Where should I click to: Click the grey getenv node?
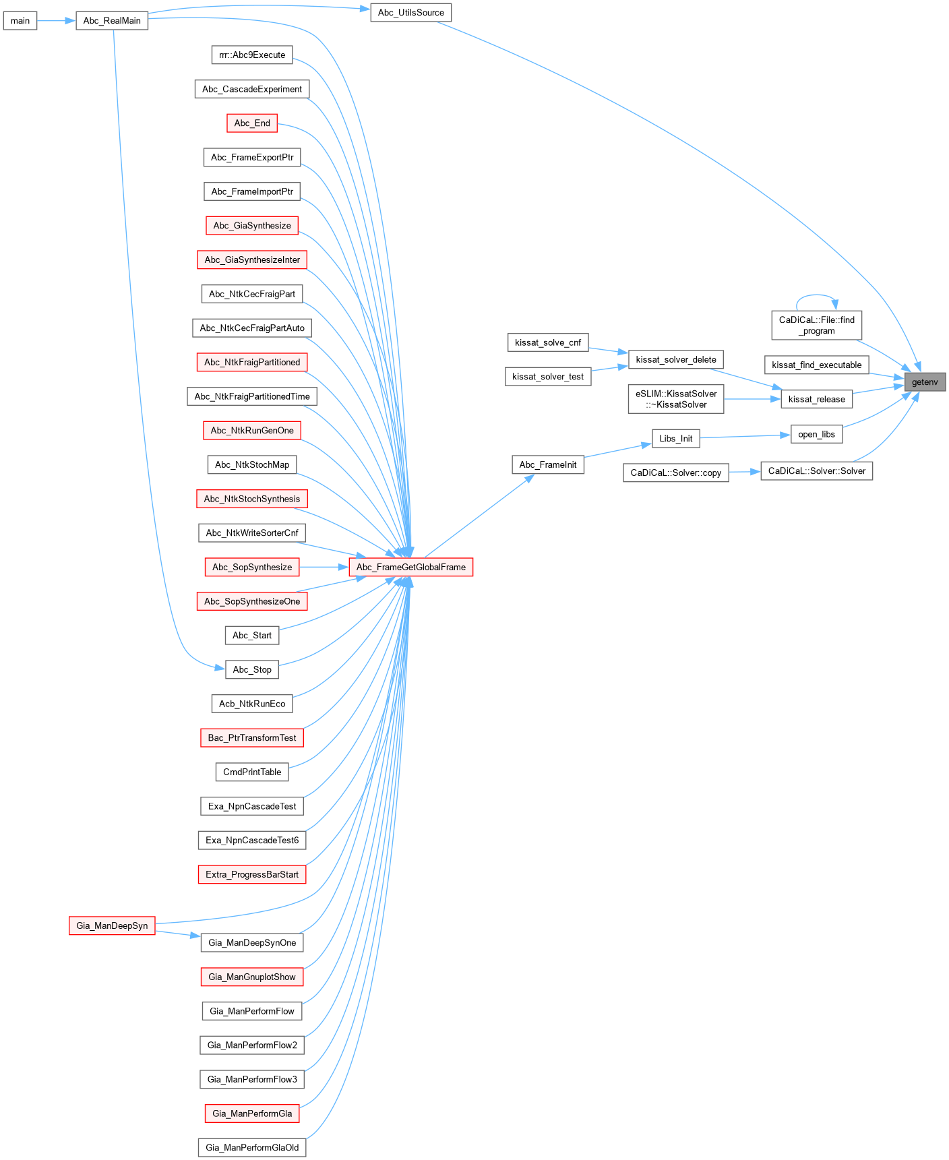point(924,382)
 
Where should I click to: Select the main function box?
point(20,21)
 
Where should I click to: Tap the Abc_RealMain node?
point(112,21)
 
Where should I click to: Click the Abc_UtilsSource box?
point(410,13)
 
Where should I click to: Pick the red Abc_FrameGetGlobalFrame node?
point(411,567)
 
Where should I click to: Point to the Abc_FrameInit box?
point(548,464)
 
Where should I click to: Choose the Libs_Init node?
point(676,439)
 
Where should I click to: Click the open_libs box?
point(816,434)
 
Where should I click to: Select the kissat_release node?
point(816,399)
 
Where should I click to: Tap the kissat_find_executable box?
point(816,365)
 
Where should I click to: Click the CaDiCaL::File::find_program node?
point(816,326)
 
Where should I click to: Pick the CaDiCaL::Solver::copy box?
point(675,472)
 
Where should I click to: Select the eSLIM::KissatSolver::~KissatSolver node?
point(676,399)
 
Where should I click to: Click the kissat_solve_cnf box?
point(547,342)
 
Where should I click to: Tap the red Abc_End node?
point(252,123)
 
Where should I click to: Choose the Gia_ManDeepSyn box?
point(112,925)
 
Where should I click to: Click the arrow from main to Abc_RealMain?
point(56,21)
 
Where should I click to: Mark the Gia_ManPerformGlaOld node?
point(252,1147)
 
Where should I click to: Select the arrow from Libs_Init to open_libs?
point(745,437)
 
